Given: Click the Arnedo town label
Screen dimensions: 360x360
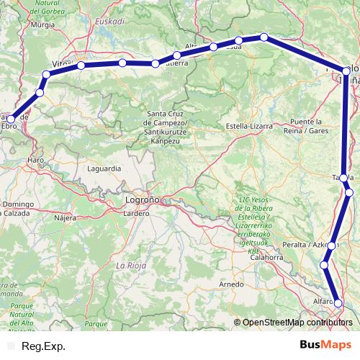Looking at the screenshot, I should tap(232, 284).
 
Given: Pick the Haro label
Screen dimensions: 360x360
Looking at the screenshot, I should tap(35, 158).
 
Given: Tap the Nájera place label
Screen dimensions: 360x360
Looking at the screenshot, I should tap(65, 216).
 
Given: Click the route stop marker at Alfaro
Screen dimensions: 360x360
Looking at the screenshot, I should tap(338, 303).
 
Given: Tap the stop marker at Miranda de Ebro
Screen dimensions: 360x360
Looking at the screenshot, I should tap(11, 120).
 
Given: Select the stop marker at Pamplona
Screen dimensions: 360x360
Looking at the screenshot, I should tap(346, 71).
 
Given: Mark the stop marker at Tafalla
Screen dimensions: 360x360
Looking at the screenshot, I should tap(344, 178).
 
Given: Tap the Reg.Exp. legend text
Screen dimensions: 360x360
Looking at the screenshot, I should tap(43, 346).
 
